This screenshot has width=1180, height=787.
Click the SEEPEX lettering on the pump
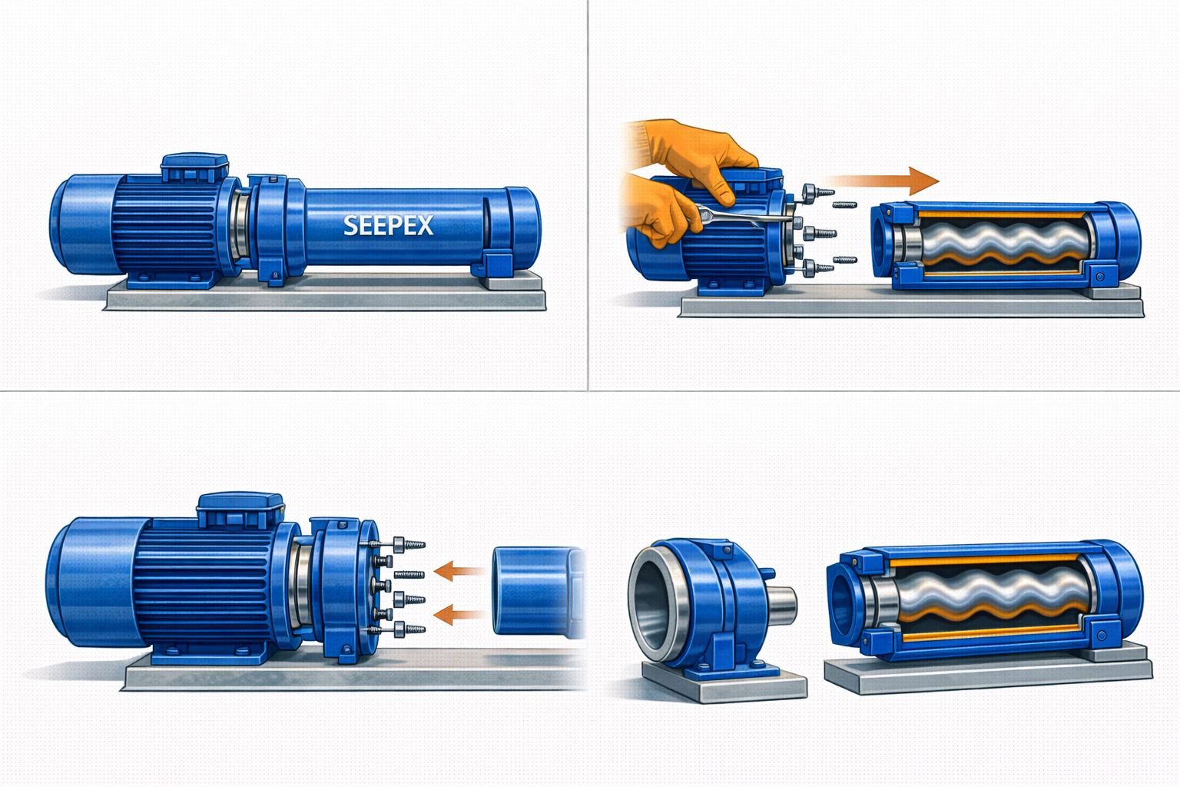coord(388,225)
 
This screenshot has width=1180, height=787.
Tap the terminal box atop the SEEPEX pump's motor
coord(194,168)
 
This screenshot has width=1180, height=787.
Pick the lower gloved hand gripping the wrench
coord(658,211)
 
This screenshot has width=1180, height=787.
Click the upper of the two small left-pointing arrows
coord(459,571)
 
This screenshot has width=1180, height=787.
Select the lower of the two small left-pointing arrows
coord(459,615)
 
